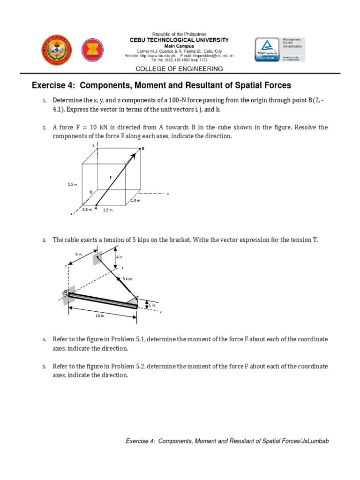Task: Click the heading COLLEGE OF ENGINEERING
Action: pos(179,69)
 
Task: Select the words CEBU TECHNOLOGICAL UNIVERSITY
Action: pos(180,40)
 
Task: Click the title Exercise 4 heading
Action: pos(161,85)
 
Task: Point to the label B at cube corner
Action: pos(143,148)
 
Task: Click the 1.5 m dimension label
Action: pos(72,185)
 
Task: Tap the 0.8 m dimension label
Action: pos(87,210)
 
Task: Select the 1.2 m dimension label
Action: pos(108,210)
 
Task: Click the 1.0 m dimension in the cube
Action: pos(135,200)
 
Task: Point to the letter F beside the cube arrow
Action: pos(111,178)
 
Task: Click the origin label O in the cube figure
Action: pos(91,192)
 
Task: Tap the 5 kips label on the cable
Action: pos(127,278)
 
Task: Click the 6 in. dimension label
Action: pos(79,254)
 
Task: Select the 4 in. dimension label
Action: pos(120,257)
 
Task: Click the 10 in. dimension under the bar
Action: pos(100,316)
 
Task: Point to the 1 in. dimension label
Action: pos(152,305)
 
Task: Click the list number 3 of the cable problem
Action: pos(44,240)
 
